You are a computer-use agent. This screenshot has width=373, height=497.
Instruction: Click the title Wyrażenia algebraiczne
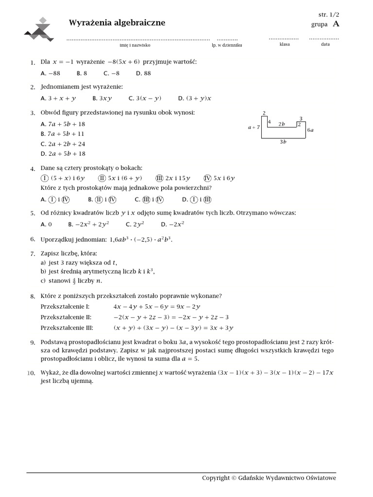click(117, 23)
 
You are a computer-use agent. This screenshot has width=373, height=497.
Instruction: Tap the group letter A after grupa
click(337, 24)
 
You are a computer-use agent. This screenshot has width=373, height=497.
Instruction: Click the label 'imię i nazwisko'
click(135, 45)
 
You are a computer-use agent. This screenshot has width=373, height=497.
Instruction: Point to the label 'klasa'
click(285, 44)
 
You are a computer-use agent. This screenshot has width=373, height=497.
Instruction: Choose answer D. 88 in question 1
click(144, 73)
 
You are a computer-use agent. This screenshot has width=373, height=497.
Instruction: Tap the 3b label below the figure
click(283, 142)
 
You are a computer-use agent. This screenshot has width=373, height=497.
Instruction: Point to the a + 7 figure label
click(254, 127)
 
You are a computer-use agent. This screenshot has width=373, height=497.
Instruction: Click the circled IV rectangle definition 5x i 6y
click(219, 178)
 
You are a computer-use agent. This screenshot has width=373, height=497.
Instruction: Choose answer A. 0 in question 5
click(47, 224)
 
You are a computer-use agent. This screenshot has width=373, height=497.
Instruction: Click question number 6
click(33, 239)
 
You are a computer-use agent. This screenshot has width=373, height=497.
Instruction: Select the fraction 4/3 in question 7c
click(74, 281)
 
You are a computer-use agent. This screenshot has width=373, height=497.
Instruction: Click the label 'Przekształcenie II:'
click(67, 317)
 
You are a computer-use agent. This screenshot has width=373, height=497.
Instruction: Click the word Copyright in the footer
click(216, 478)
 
